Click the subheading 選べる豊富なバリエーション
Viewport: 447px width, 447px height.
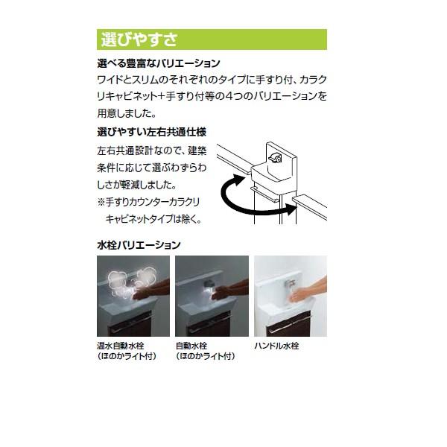[x=159, y=64]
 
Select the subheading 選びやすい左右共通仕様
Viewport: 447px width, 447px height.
[x=151, y=132]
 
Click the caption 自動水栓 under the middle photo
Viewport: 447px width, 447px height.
[x=193, y=346]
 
